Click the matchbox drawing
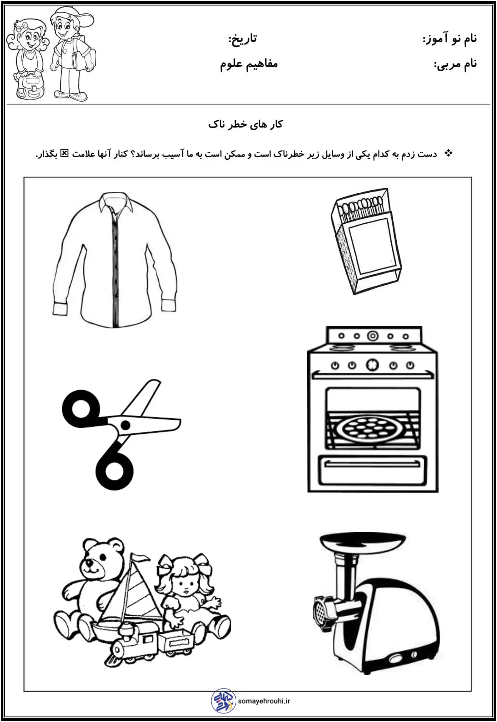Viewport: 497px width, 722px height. [367, 241]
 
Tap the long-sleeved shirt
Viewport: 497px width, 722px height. [115, 260]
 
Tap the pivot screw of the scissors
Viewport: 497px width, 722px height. [126, 425]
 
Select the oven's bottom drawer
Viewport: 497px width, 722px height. [373, 471]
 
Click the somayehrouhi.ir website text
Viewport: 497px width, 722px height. [264, 701]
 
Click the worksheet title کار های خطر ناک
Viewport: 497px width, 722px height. [246, 124]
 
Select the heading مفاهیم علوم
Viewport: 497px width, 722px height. [248, 64]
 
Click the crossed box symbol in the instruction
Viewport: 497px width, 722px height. [65, 153]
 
